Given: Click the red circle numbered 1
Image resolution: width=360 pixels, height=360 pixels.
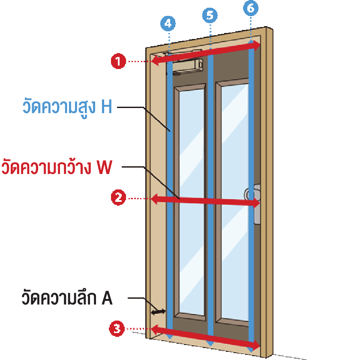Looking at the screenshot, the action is click(x=118, y=61).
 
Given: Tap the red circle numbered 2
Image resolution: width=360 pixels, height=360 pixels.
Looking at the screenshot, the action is click(x=118, y=198).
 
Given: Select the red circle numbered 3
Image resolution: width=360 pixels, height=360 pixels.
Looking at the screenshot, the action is click(x=117, y=329).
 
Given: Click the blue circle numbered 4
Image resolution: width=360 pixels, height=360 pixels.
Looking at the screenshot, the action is click(x=168, y=24).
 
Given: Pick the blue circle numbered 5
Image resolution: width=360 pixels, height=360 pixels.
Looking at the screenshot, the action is click(x=210, y=15).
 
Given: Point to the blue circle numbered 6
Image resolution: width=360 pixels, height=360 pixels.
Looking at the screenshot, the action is click(x=251, y=8).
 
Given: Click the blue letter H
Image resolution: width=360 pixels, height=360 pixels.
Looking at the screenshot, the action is click(x=107, y=107).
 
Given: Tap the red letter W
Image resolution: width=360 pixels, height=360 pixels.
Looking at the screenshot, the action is click(x=105, y=167).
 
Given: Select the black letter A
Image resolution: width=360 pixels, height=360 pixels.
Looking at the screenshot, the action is click(x=107, y=298).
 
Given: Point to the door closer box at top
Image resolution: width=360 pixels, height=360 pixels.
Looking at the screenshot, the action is click(x=188, y=66).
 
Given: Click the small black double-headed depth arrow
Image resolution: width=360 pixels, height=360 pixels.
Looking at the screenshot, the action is click(x=158, y=312).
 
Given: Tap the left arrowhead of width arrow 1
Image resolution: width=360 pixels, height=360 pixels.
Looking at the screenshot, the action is click(x=155, y=61).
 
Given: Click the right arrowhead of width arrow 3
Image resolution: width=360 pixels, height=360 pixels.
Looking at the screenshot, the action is click(x=256, y=345).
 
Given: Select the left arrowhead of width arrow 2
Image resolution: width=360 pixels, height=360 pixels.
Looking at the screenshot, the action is click(x=155, y=199).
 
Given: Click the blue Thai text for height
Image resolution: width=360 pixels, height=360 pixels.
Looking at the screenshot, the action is click(x=59, y=107).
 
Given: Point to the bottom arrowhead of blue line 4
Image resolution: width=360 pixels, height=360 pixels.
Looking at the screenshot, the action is click(x=170, y=337).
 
